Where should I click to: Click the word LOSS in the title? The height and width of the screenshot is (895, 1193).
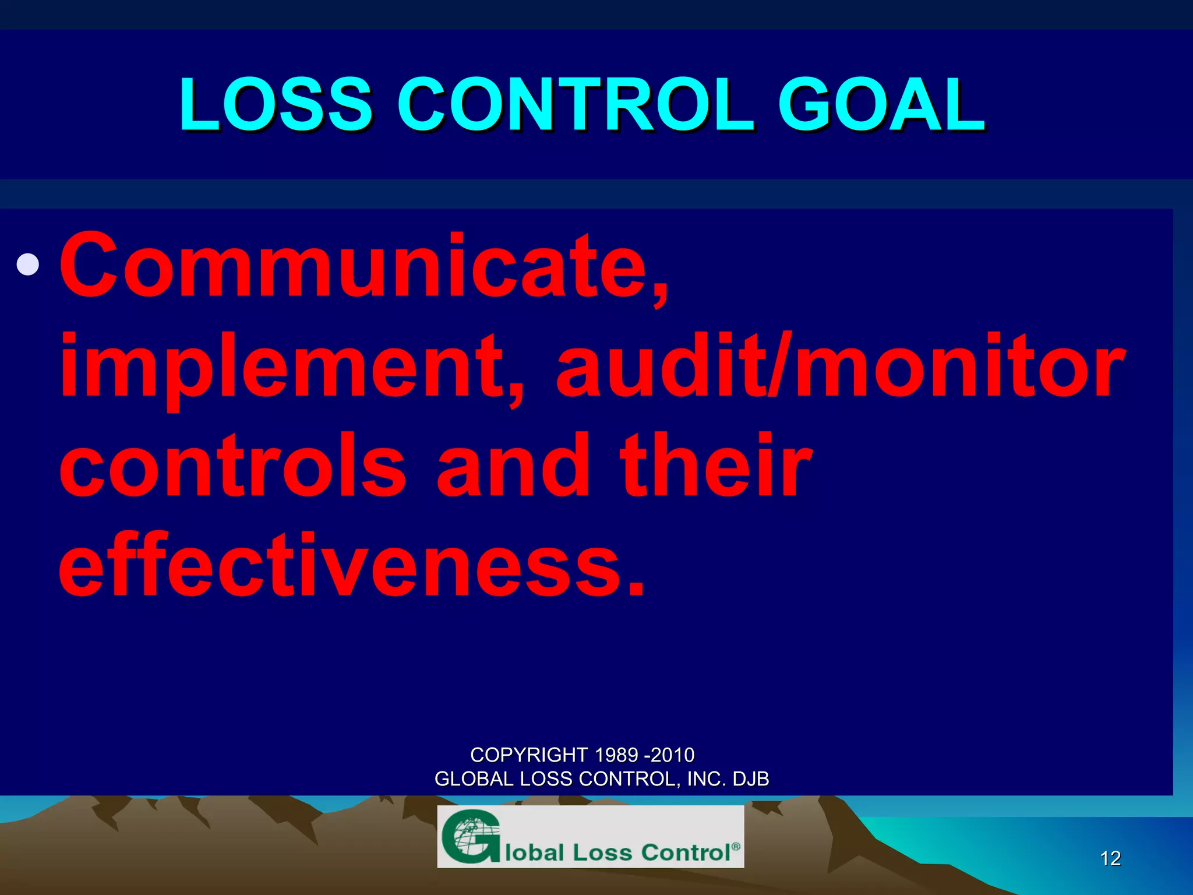click(x=275, y=105)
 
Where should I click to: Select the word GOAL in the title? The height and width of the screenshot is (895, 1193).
click(x=881, y=105)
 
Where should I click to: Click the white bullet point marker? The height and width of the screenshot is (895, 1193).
click(x=28, y=265)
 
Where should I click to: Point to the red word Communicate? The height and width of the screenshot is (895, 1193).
click(x=364, y=266)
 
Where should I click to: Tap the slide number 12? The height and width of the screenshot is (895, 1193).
click(x=1110, y=858)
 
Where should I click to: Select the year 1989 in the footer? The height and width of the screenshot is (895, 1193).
click(x=617, y=755)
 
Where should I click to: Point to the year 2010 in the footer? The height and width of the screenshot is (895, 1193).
click(x=673, y=755)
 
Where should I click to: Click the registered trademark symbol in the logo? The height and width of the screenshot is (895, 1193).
click(x=736, y=846)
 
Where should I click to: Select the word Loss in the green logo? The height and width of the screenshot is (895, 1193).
click(x=602, y=852)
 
